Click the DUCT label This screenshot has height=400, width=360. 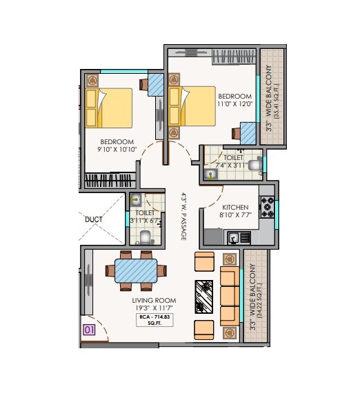[94, 220]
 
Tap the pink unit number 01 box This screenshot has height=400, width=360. [88, 330]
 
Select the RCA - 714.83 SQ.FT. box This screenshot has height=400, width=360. [155, 320]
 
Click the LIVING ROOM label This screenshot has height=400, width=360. [154, 301]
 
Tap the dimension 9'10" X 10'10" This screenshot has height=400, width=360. [114, 149]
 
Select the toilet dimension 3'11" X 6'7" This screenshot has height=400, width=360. [145, 221]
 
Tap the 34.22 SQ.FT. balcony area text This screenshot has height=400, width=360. [259, 297]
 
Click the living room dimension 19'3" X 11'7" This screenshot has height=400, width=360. [154, 309]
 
